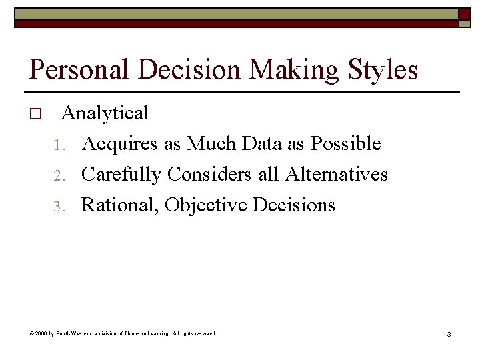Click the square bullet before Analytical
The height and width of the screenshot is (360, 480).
coord(36,115)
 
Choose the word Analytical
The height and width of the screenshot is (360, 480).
coord(105,113)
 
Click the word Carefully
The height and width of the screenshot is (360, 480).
coord(121,174)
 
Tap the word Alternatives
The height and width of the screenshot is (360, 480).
coord(337,174)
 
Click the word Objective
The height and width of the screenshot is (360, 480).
coord(206,205)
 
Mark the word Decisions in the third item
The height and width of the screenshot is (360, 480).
coord(294,205)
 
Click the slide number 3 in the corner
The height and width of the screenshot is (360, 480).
coord(449,333)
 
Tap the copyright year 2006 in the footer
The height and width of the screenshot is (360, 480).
coord(39,333)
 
